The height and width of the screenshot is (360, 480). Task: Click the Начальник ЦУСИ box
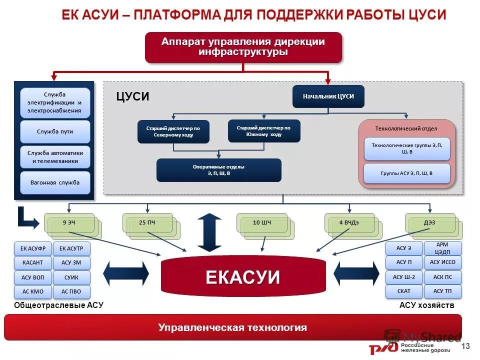click(328, 96)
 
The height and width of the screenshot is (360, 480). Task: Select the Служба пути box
click(55, 131)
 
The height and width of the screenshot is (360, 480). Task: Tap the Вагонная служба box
click(55, 182)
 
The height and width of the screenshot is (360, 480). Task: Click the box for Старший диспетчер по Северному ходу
click(173, 131)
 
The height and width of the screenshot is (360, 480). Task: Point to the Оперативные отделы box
click(219, 170)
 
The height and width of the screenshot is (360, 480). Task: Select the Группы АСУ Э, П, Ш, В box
click(406, 173)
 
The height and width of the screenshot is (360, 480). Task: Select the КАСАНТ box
click(33, 262)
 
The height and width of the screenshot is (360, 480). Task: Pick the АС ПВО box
click(71, 291)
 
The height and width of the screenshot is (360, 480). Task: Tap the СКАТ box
click(403, 291)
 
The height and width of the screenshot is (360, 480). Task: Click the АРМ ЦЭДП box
click(442, 248)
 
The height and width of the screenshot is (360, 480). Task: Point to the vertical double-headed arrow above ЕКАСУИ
click(209, 232)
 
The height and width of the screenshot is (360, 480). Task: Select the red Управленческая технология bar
click(232, 327)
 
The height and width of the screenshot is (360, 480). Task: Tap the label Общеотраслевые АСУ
click(58, 305)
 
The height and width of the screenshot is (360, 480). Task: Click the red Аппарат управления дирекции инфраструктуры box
click(243, 47)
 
